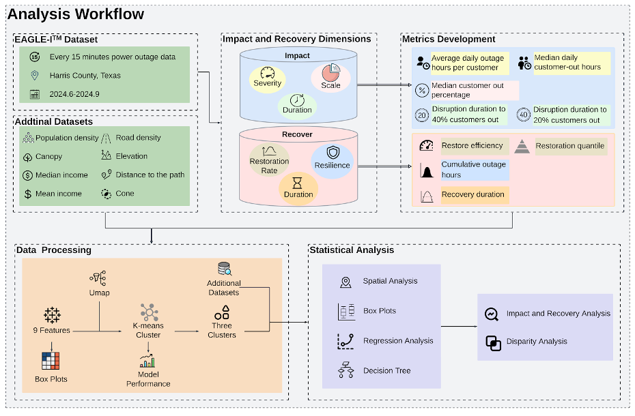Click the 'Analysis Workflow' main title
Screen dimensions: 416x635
pos(76,14)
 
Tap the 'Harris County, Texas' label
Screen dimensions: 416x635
pos(85,76)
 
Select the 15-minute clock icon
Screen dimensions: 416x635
pos(35,57)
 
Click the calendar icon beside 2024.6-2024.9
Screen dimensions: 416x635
pos(35,94)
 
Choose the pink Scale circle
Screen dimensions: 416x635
pos(331,76)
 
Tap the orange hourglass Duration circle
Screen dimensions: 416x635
pos(298,188)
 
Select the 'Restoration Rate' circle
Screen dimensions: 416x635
pos(269,160)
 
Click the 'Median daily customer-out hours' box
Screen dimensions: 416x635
pos(567,62)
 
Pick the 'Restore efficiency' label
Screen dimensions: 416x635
pos(472,145)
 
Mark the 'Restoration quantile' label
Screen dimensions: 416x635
pos(569,145)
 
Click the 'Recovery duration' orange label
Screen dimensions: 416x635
pos(472,195)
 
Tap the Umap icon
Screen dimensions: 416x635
pos(99,278)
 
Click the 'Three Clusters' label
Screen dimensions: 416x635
pos(221,330)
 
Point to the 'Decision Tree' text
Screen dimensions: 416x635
pos(386,371)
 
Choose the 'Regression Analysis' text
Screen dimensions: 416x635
pos(398,341)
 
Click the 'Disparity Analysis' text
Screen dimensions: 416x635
pos(537,342)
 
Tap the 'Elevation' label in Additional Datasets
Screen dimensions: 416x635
pos(132,156)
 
